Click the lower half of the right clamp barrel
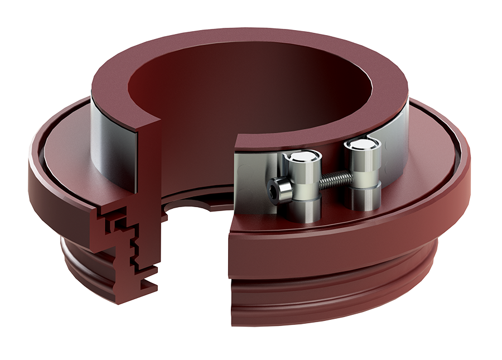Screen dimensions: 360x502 (362, 195)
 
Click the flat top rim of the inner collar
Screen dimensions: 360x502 (251, 53)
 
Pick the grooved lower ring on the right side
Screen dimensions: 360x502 (335, 296)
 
